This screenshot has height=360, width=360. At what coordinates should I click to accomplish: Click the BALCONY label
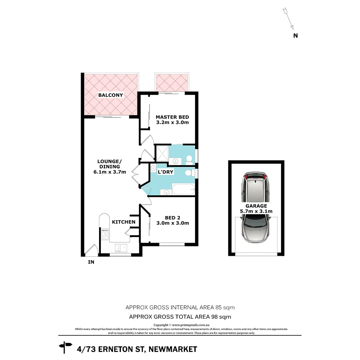point(110,95)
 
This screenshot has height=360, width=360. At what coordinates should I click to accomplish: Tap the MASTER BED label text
point(172,117)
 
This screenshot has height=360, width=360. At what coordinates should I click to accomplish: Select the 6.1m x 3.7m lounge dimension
point(110,172)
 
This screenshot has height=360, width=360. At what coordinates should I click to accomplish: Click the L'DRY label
point(165,172)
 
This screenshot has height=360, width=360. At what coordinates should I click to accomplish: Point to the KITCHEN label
point(123,222)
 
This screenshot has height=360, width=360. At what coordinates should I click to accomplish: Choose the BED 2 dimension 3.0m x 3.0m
point(173,223)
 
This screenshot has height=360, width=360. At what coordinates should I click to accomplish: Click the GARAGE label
point(256,206)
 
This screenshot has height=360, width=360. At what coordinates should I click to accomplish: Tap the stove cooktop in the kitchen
point(105,234)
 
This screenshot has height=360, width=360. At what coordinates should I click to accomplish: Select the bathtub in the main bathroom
point(183,190)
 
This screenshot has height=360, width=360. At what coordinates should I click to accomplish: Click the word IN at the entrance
point(91,262)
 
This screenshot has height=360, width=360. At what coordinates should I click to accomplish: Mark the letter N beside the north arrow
point(295,36)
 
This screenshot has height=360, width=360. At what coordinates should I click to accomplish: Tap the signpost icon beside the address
point(65,347)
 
